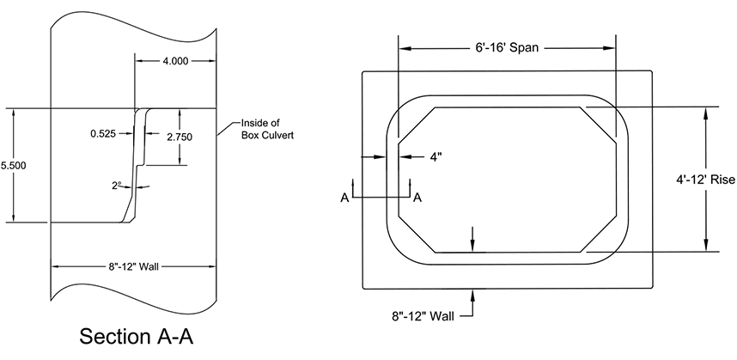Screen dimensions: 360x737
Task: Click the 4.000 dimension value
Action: (x=175, y=62)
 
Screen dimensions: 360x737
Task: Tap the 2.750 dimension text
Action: (x=180, y=137)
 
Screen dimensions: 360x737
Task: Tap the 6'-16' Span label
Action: (x=508, y=48)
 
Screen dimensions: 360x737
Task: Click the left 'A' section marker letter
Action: (x=344, y=198)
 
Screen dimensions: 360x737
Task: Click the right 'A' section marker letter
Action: (x=417, y=198)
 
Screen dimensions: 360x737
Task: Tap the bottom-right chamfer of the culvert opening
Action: (x=599, y=234)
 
